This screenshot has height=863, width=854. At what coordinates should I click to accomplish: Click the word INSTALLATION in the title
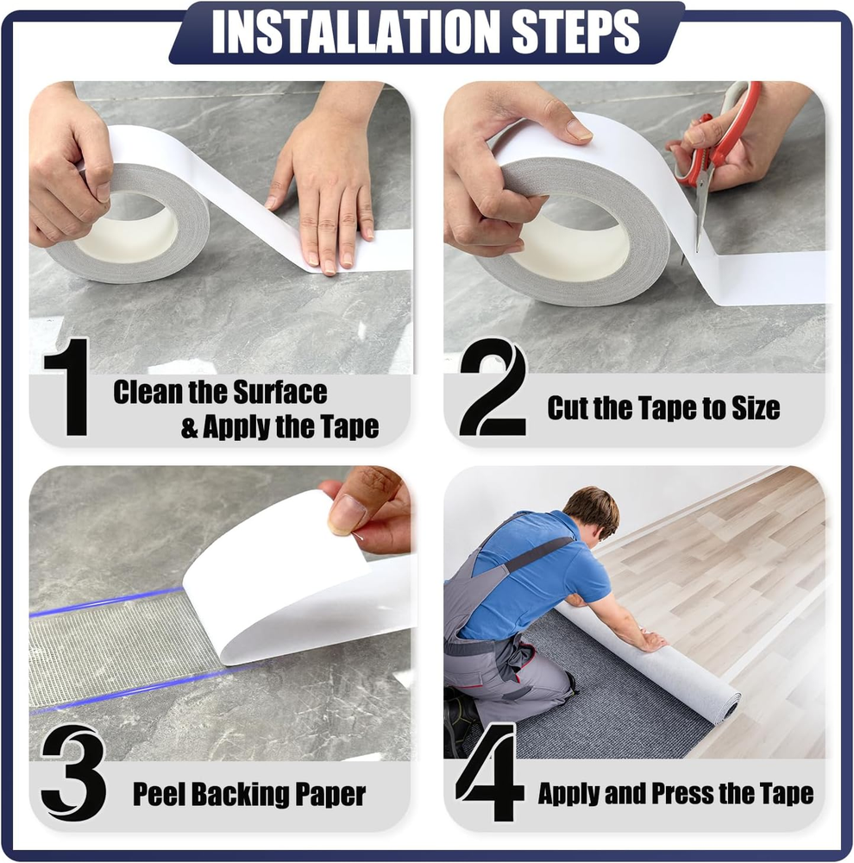coord(355,33)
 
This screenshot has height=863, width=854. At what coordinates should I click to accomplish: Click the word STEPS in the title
coord(575,33)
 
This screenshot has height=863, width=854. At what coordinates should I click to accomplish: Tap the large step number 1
coord(68,387)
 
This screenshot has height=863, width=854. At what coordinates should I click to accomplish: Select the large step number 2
coord(493,387)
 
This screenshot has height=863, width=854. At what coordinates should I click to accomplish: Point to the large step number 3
coord(72,772)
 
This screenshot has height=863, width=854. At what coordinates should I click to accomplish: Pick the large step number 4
coord(488,772)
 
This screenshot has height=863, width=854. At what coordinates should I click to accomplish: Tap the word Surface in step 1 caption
coord(280,393)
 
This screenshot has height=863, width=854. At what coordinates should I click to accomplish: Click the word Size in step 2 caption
coord(756,408)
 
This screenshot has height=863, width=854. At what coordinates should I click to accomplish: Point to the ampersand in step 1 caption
coord(190,428)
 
